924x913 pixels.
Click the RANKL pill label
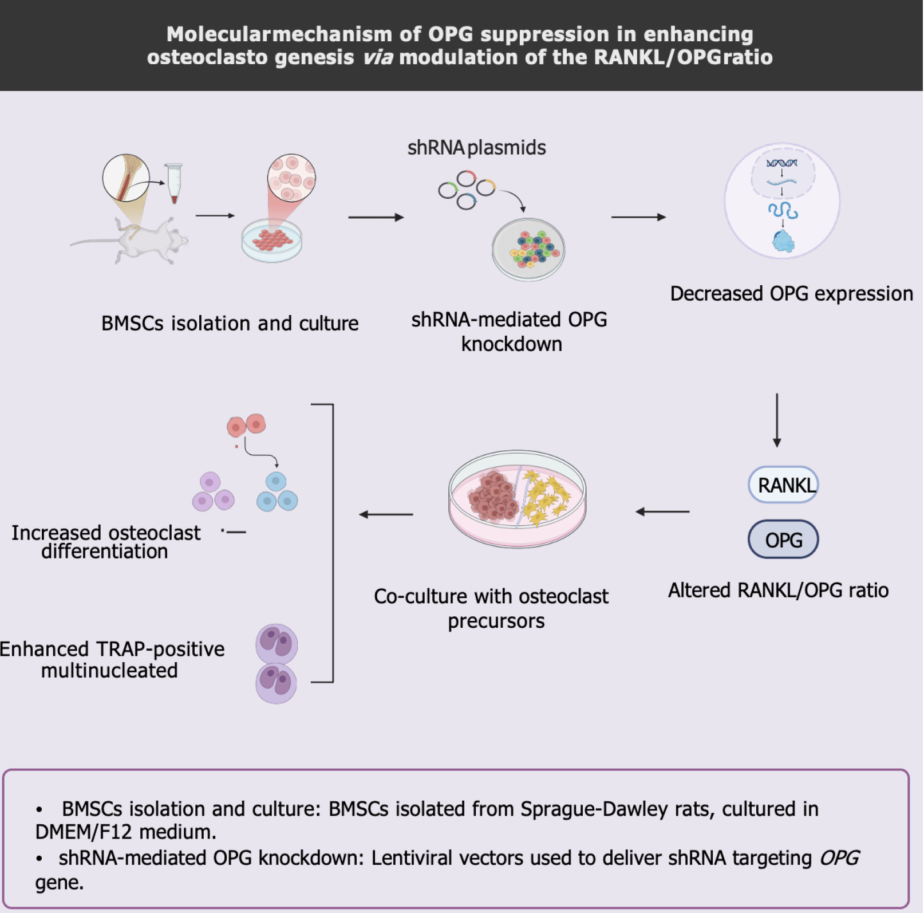pyautogui.click(x=783, y=485)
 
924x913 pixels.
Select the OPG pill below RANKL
pyautogui.click(x=783, y=539)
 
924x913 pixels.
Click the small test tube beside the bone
pyautogui.click(x=173, y=183)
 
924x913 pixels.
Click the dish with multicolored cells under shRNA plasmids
pyautogui.click(x=528, y=249)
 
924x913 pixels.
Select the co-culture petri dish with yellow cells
pyautogui.click(x=518, y=498)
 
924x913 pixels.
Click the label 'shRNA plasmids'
pyautogui.click(x=476, y=148)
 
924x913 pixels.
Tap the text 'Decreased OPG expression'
pyautogui.click(x=792, y=294)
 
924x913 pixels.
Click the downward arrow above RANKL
pyautogui.click(x=777, y=420)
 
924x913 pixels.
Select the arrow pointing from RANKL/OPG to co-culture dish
pyautogui.click(x=662, y=511)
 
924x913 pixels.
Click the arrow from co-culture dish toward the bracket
pyautogui.click(x=386, y=514)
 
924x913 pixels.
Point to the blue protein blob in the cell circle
pyautogui.click(x=783, y=242)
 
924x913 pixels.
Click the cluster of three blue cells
pyautogui.click(x=277, y=492)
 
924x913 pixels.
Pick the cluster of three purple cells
pyautogui.click(x=213, y=492)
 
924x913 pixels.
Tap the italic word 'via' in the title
pyautogui.click(x=377, y=57)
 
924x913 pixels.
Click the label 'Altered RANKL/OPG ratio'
pyautogui.click(x=779, y=590)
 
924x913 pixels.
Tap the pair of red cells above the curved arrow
pyautogui.click(x=246, y=426)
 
